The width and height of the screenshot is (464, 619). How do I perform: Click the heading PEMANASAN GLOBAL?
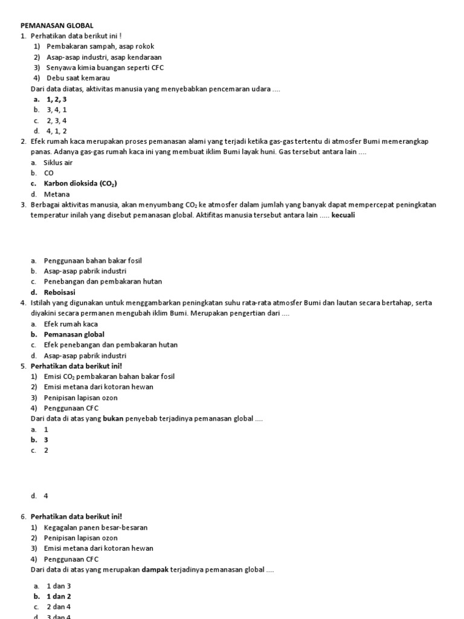57,25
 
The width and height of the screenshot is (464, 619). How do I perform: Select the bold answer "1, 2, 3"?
56,99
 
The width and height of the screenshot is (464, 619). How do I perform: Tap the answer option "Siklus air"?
58,163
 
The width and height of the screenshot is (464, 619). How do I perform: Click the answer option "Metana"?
57,194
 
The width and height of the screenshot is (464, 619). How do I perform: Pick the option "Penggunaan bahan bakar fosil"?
93,261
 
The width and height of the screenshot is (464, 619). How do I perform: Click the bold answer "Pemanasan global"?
74,334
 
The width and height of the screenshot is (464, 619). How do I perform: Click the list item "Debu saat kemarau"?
78,78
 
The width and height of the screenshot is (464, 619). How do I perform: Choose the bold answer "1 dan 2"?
59,596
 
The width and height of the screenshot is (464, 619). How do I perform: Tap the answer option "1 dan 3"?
59,586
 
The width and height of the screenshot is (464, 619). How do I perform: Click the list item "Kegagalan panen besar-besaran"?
95,527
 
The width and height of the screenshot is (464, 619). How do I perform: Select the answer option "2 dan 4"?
59,606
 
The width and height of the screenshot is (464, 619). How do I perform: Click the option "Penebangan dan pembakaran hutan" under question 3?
103,282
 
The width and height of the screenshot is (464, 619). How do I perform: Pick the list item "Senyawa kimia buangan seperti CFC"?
105,68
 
